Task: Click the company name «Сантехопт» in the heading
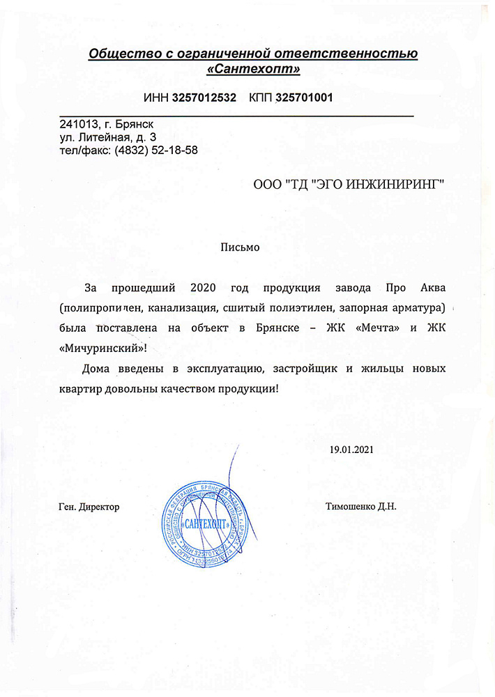tap(253, 70)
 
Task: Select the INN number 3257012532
tap(204, 98)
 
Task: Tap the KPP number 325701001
tap(304, 98)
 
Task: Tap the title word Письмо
tap(240, 247)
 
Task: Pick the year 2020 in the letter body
tap(204, 288)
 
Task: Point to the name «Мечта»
tap(379, 328)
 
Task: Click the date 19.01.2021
tap(353, 449)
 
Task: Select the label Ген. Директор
tap(89, 507)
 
